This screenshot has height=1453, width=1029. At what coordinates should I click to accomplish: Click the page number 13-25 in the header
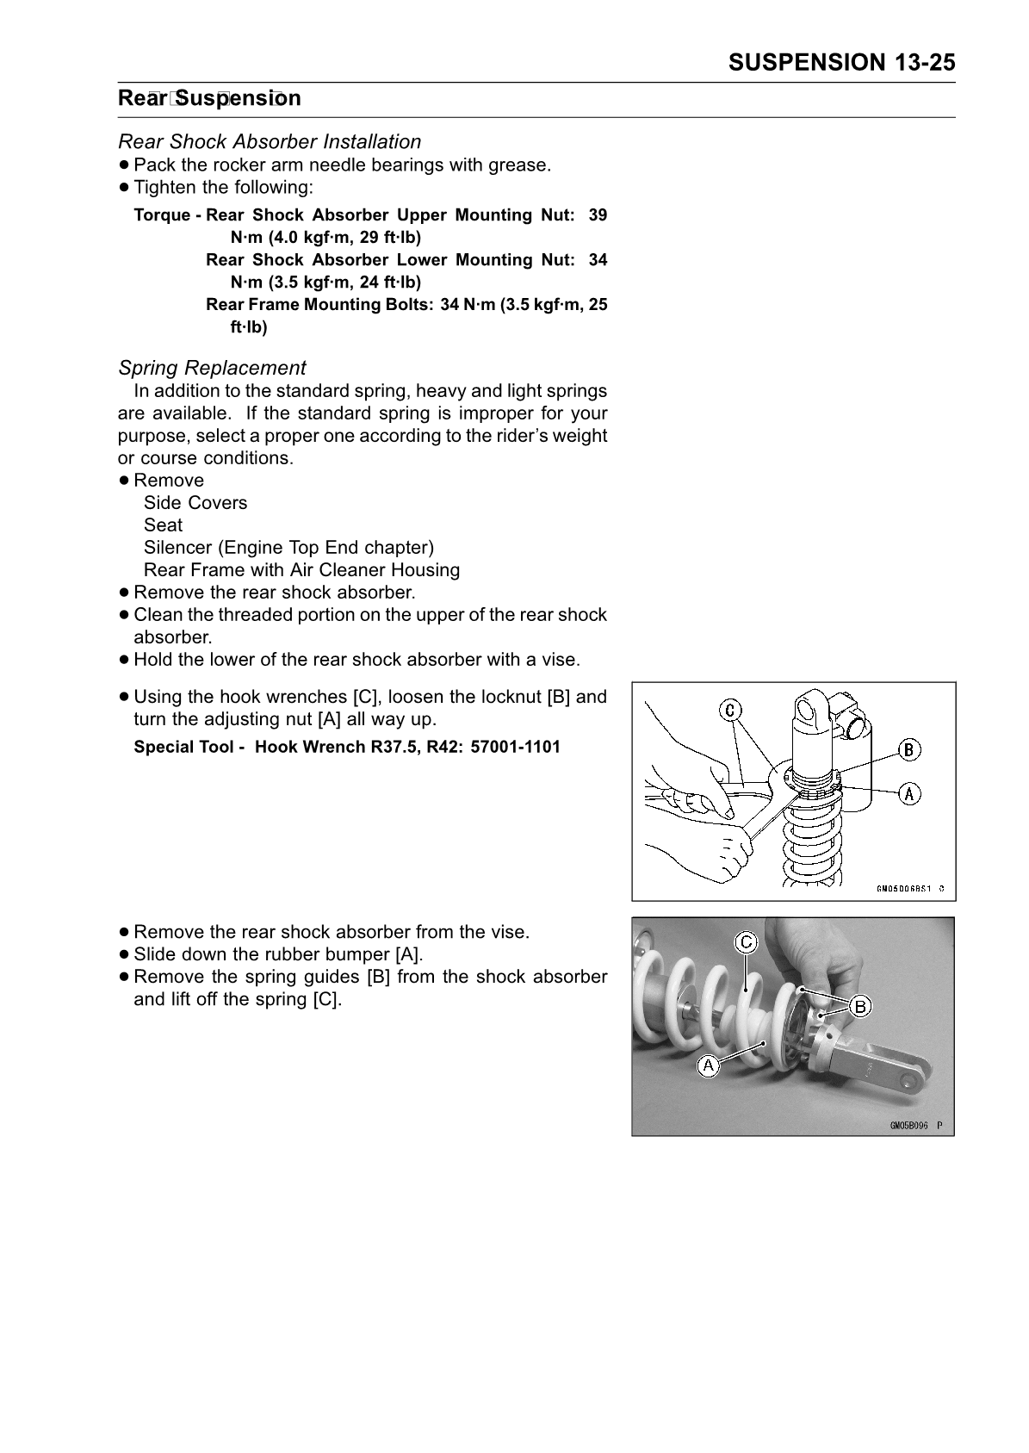[x=924, y=62]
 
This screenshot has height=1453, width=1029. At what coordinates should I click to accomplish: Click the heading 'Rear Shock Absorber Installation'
[x=270, y=141]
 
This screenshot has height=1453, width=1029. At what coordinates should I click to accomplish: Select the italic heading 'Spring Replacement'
[x=212, y=368]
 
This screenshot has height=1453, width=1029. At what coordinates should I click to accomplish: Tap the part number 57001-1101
[x=515, y=747]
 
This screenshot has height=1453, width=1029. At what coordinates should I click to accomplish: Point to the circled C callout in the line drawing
[x=730, y=710]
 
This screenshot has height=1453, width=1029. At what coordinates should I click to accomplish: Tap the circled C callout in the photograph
[x=746, y=943]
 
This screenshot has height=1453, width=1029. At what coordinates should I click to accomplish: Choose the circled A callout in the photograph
[x=708, y=1065]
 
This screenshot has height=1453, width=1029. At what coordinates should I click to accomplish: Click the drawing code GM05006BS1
[x=904, y=889]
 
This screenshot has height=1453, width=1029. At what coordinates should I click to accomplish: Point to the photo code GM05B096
[x=909, y=1125]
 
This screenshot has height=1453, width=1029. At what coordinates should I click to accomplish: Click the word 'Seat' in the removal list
[x=164, y=525]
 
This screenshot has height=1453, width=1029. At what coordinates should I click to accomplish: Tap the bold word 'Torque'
[x=162, y=215]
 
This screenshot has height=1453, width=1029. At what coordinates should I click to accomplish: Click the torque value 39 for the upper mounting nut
[x=598, y=215]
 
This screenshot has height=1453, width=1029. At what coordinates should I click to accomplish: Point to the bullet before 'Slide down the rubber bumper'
[x=126, y=954]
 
